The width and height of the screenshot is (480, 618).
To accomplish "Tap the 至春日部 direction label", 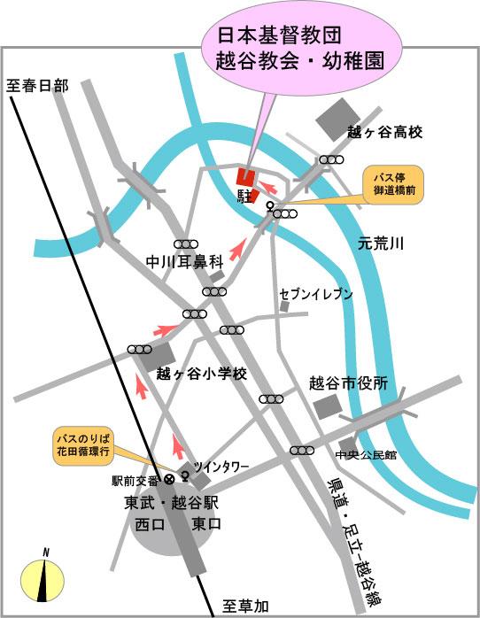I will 37,86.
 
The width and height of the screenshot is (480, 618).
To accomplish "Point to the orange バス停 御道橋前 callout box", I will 394,184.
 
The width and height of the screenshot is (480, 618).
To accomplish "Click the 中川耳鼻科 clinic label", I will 182,262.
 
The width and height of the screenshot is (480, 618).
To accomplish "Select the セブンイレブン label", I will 316,294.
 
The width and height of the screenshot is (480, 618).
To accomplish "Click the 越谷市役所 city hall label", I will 349,383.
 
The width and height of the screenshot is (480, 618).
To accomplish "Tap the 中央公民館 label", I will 366,455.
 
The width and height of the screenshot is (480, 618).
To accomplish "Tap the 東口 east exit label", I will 207,525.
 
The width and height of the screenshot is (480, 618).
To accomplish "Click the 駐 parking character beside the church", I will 245,194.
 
